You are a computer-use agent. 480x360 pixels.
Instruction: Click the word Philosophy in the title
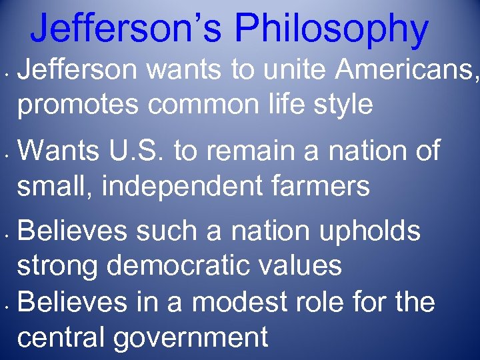coord(331,29)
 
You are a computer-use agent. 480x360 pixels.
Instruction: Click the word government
coord(192,338)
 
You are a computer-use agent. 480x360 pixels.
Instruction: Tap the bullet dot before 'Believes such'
coord(5,235)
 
